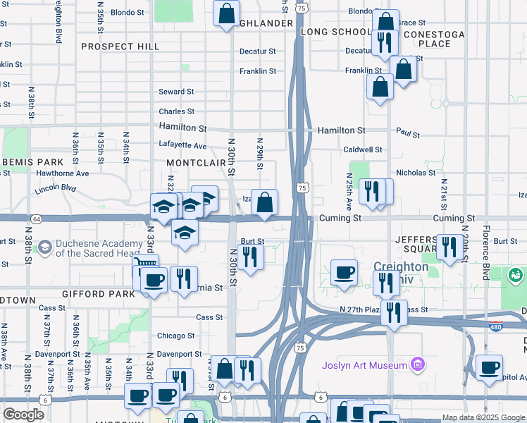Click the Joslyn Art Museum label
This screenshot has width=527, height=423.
coord(364,365)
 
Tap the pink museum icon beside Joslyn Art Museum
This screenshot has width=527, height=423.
coord(418,364)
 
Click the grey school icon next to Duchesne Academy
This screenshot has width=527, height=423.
coord(45,247)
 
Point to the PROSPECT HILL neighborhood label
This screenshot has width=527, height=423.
coord(120,47)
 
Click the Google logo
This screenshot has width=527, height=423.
coord(23,414)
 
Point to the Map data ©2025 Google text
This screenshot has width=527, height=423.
coord(483,417)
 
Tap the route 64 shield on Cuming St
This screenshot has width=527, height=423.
coord(36,219)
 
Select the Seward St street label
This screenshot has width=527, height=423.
coord(176,92)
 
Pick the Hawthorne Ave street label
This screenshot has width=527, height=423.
coord(63,173)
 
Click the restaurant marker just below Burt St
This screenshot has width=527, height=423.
coord(249,257)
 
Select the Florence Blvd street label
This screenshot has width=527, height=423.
coord(485,252)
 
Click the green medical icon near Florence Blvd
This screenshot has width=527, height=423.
coord(515,274)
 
